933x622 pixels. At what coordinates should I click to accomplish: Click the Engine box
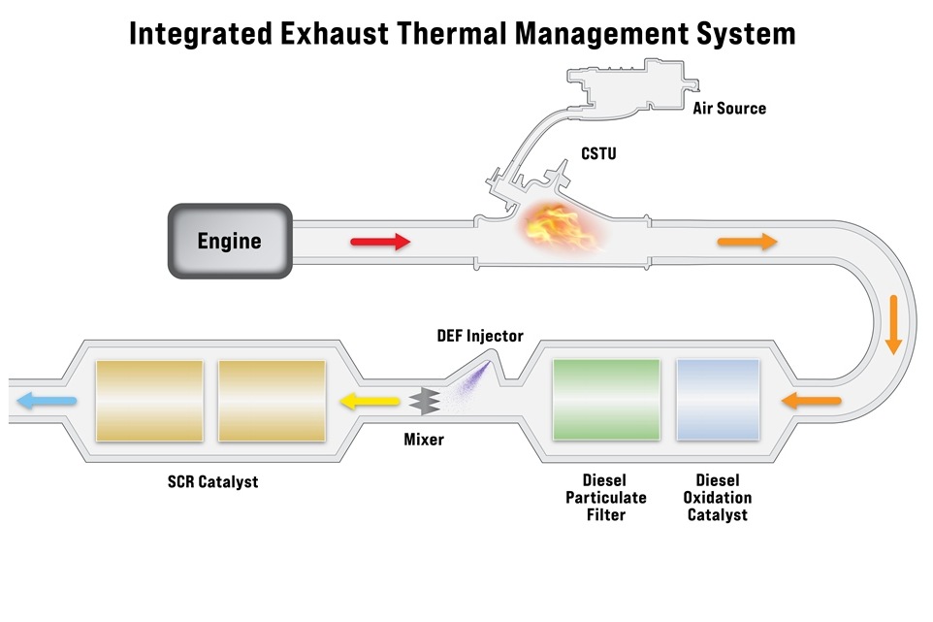230,240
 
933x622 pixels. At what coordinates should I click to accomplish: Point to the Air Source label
728,109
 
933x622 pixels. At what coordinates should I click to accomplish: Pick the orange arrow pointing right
747,242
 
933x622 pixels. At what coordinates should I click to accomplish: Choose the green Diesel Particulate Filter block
606,399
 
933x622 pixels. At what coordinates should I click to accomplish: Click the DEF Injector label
479,337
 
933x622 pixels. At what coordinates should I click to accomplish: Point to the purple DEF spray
469,383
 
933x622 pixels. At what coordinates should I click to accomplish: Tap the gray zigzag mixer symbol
422,399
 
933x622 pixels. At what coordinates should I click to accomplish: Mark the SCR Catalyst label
212,481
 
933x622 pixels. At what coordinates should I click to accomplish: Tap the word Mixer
424,440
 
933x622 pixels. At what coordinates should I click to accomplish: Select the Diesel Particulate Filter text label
604,497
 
